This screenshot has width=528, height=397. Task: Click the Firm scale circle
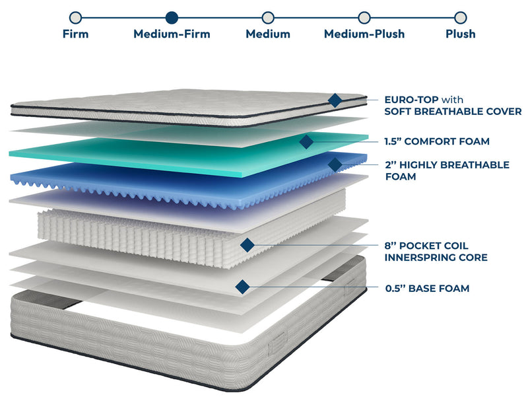75,17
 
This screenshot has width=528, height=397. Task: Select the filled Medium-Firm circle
172,17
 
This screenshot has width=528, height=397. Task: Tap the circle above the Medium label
268,17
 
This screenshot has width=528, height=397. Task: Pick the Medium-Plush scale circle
364,17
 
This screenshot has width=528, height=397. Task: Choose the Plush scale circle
461,17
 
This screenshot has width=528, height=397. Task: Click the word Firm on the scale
75,34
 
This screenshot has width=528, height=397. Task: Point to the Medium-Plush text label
364,34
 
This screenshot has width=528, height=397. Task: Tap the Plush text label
461,34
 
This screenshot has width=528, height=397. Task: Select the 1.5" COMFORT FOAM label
437,141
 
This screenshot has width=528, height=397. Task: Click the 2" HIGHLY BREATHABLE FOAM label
447,170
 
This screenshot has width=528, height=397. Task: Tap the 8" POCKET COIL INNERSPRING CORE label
436,251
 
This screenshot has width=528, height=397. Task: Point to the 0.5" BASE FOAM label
427,288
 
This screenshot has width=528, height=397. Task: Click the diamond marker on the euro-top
335,100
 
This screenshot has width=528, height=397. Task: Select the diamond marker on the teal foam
306,141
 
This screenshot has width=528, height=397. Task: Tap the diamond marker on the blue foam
335,164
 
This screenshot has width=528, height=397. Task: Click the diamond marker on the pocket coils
247,245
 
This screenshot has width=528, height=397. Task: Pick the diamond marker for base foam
242,287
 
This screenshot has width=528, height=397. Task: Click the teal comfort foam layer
165,153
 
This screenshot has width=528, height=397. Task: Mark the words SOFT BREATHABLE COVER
453,112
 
